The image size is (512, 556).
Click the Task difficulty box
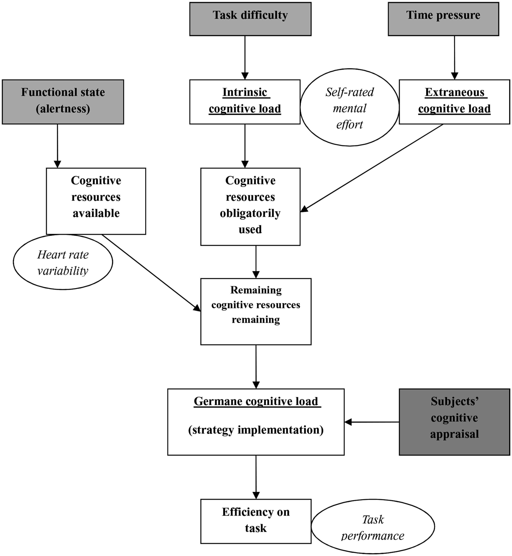tap(250, 19)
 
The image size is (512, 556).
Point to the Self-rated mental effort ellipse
tap(349, 107)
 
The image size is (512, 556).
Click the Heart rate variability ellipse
tap(63, 262)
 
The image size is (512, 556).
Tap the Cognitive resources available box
tap(96, 201)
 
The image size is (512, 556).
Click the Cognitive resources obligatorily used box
tap(250, 207)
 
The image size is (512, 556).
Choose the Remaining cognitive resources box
tap(256, 311)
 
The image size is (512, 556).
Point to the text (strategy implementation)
tap(256, 430)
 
